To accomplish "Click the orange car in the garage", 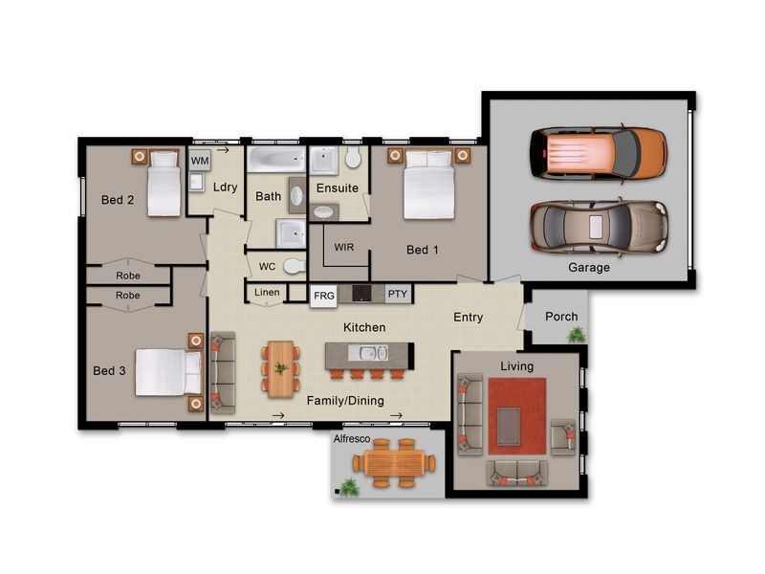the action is (599, 153).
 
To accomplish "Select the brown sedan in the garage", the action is (600, 228).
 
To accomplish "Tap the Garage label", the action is (589, 268).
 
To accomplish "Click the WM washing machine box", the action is (200, 160).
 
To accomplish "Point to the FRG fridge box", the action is (324, 296).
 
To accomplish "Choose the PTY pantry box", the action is (398, 294).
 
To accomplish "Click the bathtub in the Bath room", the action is (275, 159).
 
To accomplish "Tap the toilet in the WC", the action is (295, 266).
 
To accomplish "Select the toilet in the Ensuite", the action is (353, 157).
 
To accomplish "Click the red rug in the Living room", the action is (517, 416).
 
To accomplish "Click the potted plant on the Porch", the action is (577, 334).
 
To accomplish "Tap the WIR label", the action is (344, 247).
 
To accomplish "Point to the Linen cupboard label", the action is (267, 292).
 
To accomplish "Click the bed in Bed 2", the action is (164, 183).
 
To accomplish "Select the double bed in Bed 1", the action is (429, 185).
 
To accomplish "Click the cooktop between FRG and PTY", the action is (361, 294).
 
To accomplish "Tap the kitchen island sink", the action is (374, 352).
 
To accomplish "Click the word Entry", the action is (468, 318).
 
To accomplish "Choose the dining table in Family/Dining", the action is (281, 369).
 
